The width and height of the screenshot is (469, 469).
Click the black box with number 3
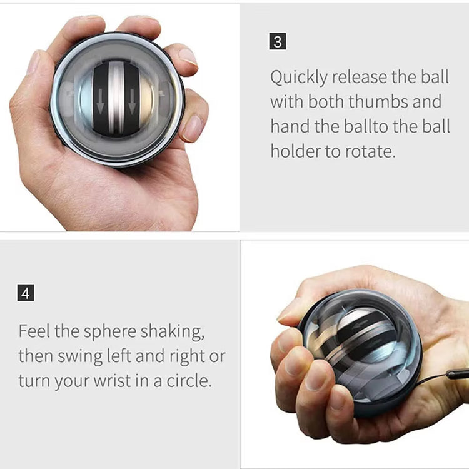pos(278,43)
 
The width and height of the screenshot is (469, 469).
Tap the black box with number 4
pos(26,293)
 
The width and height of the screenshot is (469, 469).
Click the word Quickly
pos(298,78)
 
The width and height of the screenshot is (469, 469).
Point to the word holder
pos(297,151)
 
